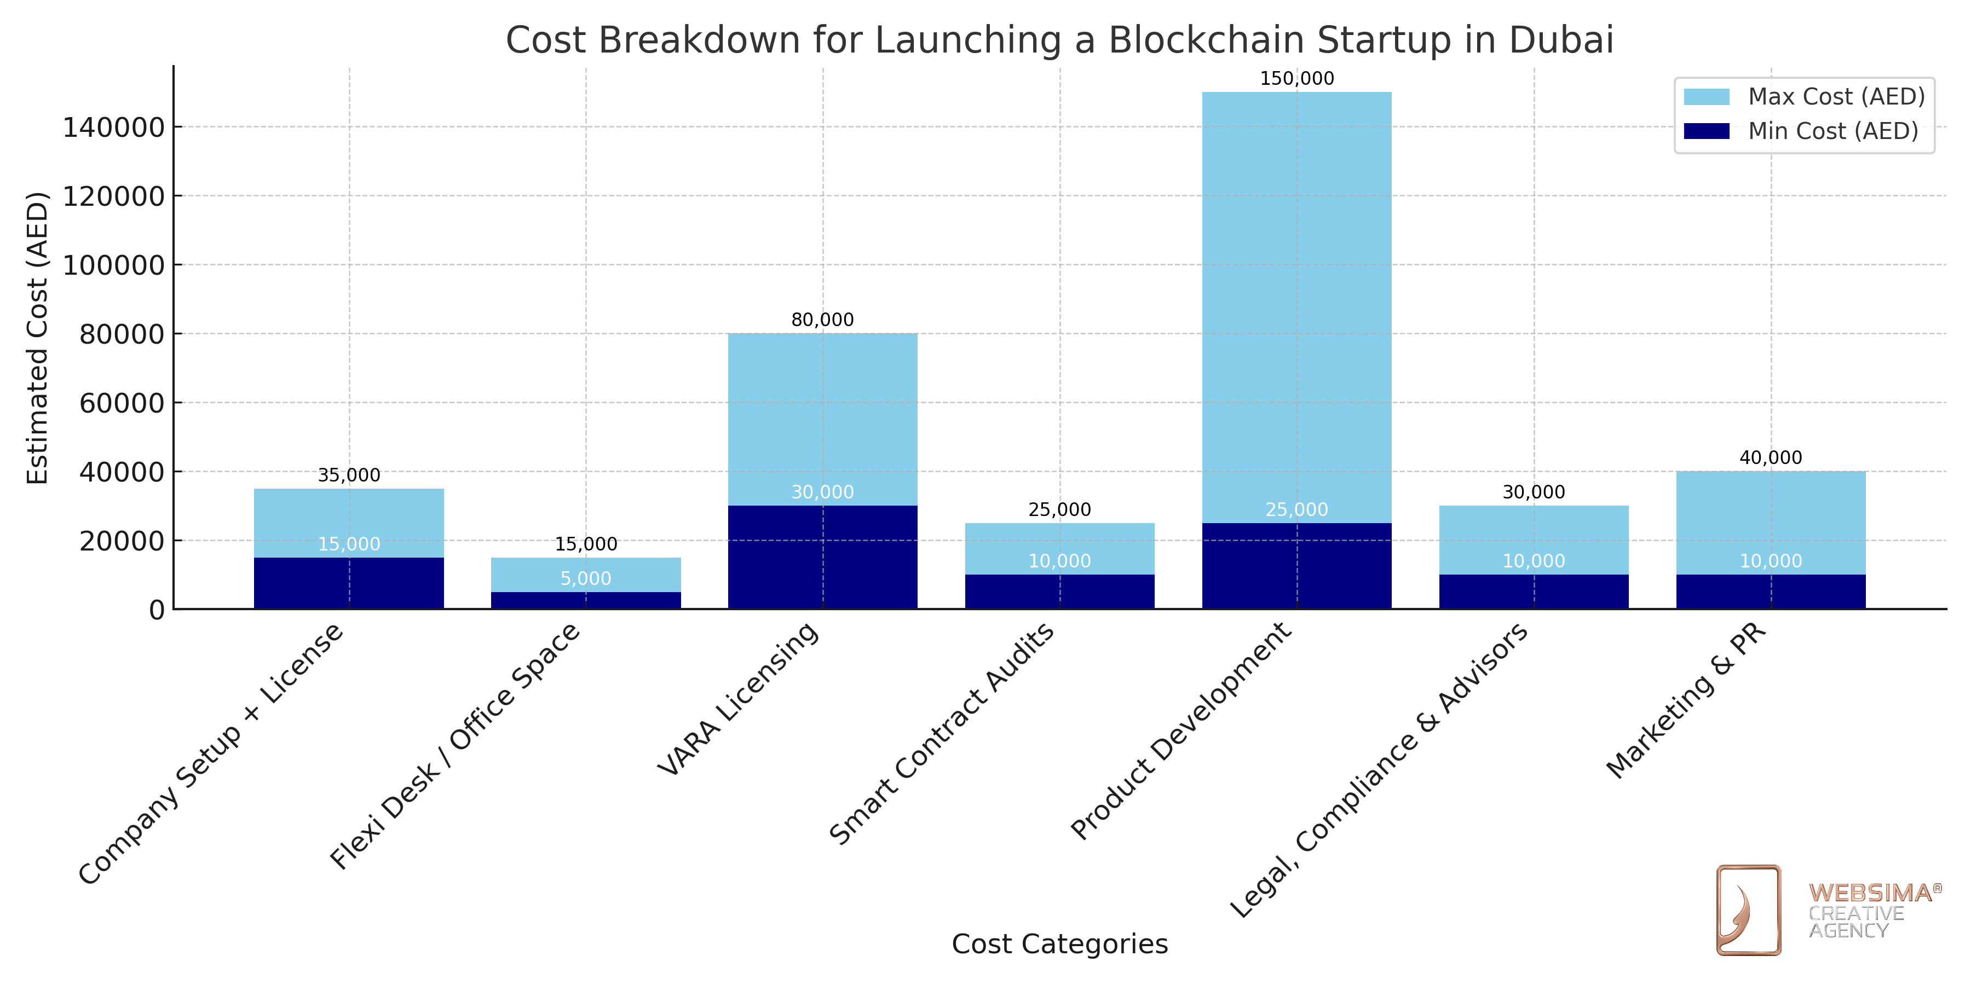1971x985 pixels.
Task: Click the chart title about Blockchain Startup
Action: coord(1060,40)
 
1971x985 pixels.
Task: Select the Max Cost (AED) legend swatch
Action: coord(1706,97)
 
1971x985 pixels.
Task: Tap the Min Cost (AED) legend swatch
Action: coord(1706,131)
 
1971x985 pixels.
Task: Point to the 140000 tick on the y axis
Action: coord(113,128)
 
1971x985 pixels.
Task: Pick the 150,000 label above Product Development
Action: coord(1297,79)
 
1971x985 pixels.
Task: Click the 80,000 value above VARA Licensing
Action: coord(822,320)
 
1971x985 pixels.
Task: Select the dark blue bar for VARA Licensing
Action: coord(822,558)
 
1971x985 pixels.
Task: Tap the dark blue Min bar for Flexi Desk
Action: coord(586,600)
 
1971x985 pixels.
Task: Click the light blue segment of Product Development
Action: coord(1297,306)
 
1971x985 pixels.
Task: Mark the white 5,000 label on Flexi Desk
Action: coord(586,579)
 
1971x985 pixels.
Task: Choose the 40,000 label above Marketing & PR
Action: coord(1771,458)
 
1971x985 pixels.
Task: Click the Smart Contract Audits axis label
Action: coord(943,734)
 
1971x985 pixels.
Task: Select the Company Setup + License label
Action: coord(211,754)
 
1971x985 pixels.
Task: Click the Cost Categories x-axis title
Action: coord(1060,945)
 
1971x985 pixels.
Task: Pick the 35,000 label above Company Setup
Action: coord(349,476)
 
